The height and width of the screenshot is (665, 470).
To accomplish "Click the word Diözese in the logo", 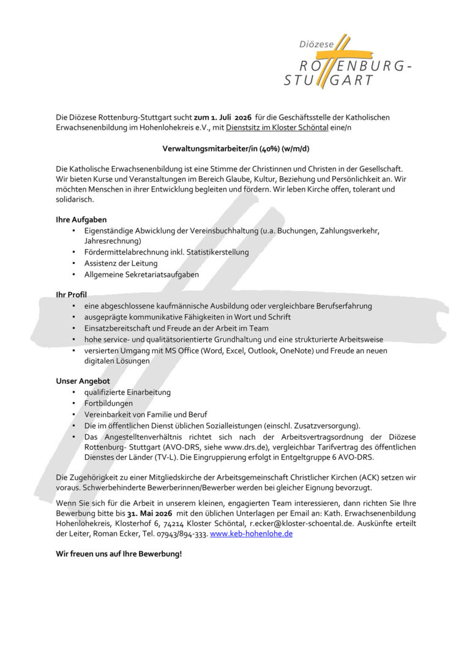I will pos(316,45).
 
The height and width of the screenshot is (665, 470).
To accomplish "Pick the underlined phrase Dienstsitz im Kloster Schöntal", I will pos(280,127).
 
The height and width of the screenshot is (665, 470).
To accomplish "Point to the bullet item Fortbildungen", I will pos(108,404).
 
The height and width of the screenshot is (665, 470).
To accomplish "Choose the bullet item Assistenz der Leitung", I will pos(121,263).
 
